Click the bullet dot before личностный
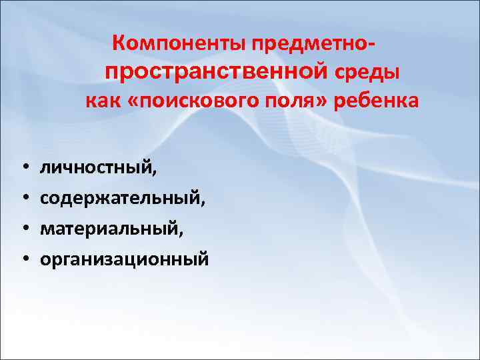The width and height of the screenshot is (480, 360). [x=23, y=167]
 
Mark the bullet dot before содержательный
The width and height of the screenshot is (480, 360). [x=23, y=197]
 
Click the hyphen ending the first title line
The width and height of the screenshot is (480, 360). [x=371, y=45]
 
